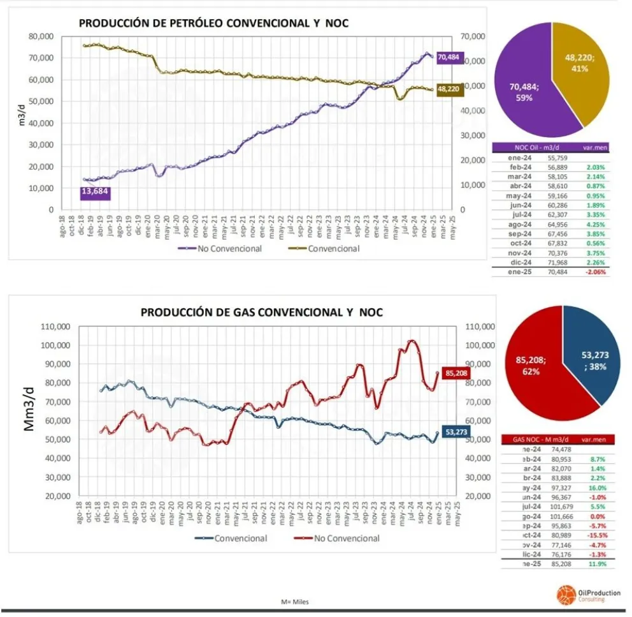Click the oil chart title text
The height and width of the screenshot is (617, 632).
213,24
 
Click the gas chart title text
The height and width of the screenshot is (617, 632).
262,313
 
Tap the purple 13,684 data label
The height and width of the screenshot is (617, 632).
96,192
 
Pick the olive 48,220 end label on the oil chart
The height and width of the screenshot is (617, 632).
450,90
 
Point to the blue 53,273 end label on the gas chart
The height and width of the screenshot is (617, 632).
456,433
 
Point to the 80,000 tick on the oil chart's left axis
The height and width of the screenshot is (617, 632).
41,36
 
